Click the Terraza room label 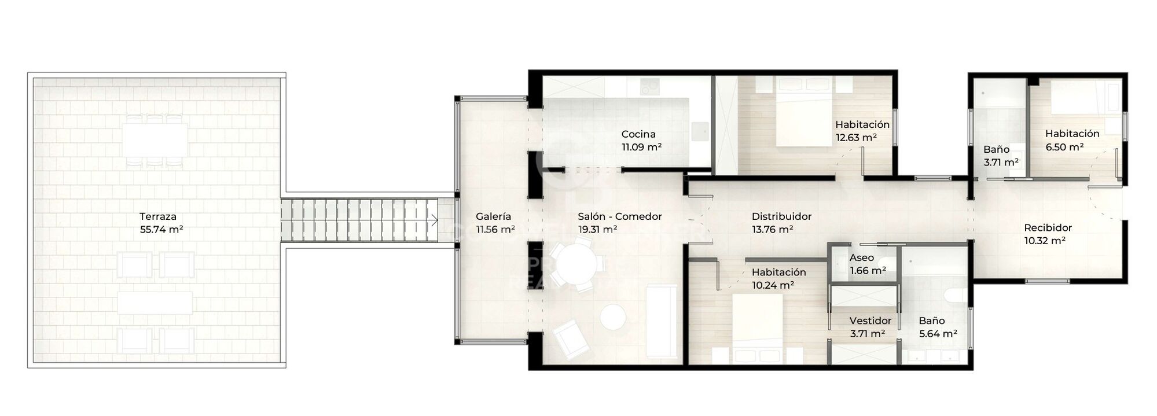157,216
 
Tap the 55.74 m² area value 161,229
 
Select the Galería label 493,216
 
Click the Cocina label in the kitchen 638,134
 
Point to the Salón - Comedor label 619,216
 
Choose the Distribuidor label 781,216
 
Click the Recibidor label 1048,228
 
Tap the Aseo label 861,258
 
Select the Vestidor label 870,321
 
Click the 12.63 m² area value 855,138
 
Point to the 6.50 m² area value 1064,147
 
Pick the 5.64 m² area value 938,333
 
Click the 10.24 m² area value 772,285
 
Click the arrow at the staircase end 434,220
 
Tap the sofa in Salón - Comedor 661,321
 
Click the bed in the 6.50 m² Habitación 1074,98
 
